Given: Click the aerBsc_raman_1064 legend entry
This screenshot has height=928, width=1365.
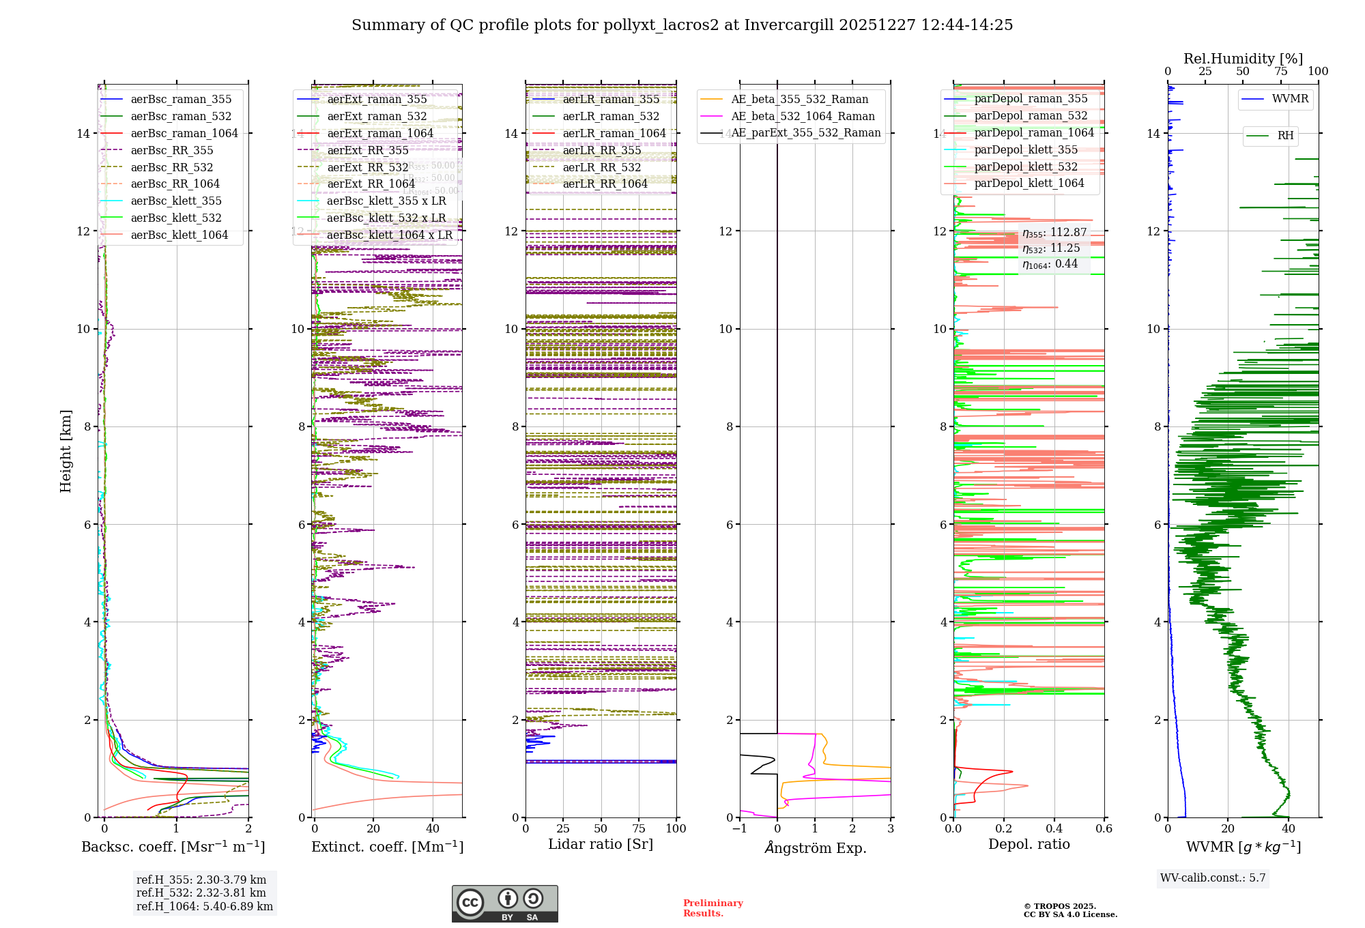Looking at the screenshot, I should point(184,133).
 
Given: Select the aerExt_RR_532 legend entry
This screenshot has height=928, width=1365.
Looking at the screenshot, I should point(367,167).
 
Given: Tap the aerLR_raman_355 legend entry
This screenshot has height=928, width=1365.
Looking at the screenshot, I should point(611,99).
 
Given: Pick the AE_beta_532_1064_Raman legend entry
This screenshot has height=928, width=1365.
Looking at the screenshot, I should point(803,116).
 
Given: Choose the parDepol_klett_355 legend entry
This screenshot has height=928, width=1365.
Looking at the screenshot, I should point(1026,149).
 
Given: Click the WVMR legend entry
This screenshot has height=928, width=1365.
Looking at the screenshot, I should point(1290,99).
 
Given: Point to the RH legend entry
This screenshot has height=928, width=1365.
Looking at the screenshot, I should point(1285,136).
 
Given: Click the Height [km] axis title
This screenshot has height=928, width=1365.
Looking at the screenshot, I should point(66,450).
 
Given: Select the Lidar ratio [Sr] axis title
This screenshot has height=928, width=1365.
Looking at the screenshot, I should point(601,844).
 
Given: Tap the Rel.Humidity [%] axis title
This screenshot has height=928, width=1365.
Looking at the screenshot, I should point(1243,59).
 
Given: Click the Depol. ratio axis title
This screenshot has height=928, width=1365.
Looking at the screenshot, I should point(1029,844).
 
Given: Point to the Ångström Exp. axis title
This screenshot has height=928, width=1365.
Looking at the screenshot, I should point(815,847).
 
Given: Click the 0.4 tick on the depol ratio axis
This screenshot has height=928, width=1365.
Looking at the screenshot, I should point(1054,828).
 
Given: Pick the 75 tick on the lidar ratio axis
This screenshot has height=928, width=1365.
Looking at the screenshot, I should point(639,828).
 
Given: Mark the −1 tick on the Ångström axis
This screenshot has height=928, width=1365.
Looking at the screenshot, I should point(739,828).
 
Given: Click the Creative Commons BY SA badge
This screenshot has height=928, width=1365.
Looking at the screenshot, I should point(504,903).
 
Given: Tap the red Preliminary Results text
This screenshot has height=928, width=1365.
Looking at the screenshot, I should point(713,908).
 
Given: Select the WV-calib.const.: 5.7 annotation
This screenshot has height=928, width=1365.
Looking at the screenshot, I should point(1213,878).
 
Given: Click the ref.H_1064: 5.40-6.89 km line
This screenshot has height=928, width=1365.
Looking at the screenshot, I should point(204,906).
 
